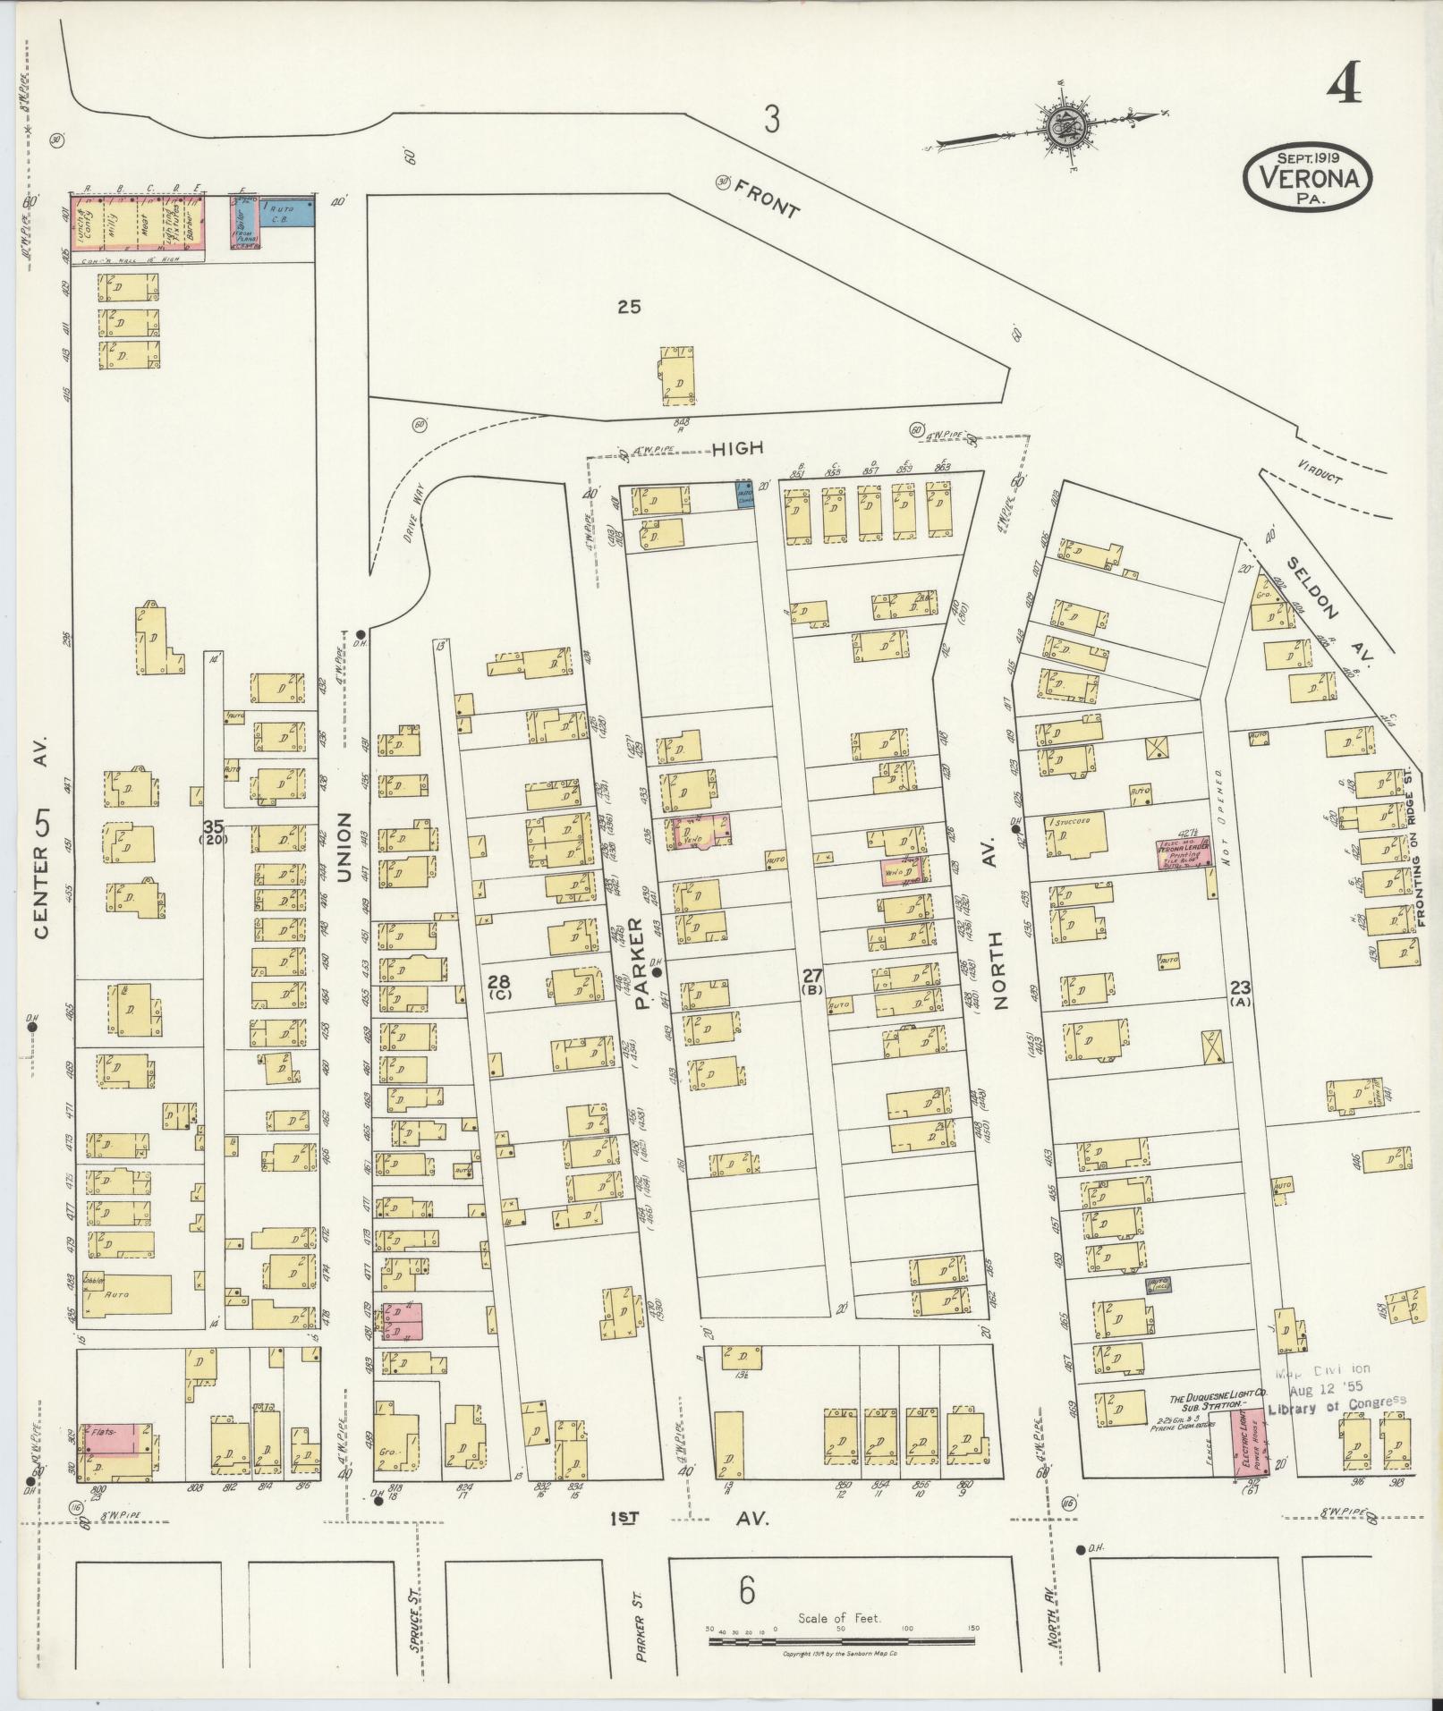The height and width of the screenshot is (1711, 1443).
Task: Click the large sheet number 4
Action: [1344, 87]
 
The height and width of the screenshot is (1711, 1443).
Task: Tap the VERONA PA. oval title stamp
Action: [1306, 177]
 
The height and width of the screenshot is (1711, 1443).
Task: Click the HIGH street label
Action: [738, 449]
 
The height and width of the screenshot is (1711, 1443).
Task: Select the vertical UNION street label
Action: [344, 847]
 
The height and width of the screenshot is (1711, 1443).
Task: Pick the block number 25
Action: [630, 307]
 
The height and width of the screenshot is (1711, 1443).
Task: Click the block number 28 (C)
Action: [499, 986]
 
